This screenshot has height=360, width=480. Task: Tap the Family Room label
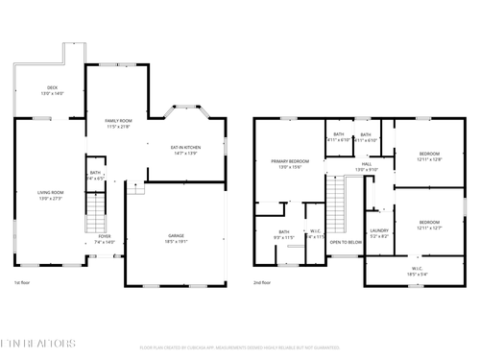coord(118,123)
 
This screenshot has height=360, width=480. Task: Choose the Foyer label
coord(104,239)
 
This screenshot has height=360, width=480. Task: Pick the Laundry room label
coord(378,232)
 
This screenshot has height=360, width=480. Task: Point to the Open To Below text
coord(345,243)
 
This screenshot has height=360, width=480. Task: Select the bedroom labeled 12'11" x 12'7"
coord(429,226)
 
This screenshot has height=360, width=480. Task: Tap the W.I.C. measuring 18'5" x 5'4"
coord(417,271)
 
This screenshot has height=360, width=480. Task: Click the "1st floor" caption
coord(24,283)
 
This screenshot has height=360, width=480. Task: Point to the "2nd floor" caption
coord(262,283)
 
